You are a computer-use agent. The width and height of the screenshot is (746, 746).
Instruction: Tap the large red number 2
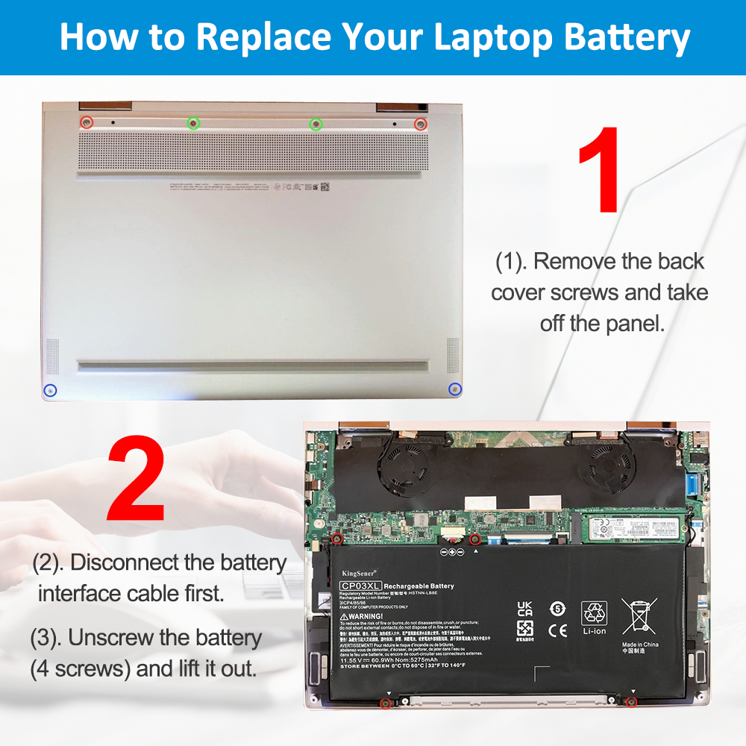137,479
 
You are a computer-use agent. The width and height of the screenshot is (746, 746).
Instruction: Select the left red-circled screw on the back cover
87,122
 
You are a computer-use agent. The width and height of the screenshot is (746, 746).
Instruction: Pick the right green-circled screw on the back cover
316,124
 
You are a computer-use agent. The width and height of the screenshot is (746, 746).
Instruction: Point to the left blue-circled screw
50,389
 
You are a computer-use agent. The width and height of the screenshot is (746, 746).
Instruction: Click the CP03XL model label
361,586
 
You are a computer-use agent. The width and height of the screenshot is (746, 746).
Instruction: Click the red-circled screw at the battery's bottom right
630,702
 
